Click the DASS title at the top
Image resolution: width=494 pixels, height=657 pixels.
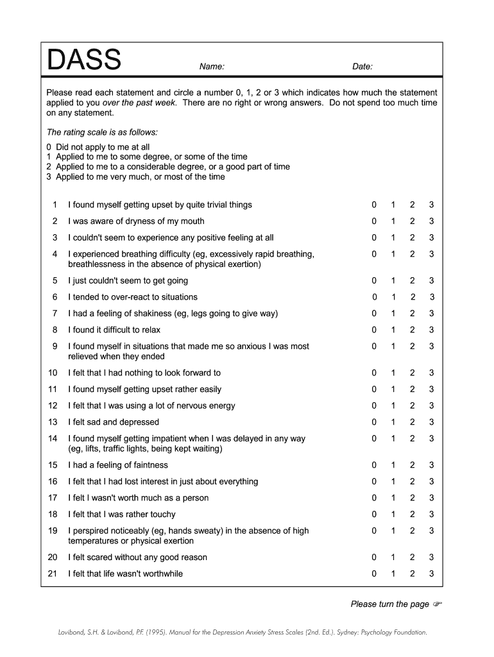tap(84, 61)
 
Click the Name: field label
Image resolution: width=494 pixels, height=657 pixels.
tap(212, 67)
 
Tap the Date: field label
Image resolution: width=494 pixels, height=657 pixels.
tap(362, 67)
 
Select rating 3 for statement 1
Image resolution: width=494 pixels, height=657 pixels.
tap(432, 205)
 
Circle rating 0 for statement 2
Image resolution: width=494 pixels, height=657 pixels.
tap(374, 221)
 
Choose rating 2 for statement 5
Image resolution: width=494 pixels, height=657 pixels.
tap(413, 280)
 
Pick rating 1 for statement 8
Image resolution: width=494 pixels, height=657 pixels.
tap(393, 330)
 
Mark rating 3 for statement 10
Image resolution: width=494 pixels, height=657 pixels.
tap(432, 373)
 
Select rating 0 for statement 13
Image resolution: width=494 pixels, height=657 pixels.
tap(374, 422)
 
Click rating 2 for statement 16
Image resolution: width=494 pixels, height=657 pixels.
tap(413, 481)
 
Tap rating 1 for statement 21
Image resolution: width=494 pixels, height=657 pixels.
tap(393, 574)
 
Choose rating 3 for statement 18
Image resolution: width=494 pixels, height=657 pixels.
tap(432, 515)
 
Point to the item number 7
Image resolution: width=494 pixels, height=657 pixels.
tap(55, 314)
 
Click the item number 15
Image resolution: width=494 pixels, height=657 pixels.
tap(53, 465)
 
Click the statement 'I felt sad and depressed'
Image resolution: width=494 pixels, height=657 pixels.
tap(114, 422)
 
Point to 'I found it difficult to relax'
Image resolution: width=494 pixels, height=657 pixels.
tap(114, 330)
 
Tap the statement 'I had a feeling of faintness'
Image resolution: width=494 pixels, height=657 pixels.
tap(118, 465)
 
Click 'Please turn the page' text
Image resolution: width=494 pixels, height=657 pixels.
tap(389, 604)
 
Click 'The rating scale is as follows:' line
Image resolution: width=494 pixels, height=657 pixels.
tap(101, 132)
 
